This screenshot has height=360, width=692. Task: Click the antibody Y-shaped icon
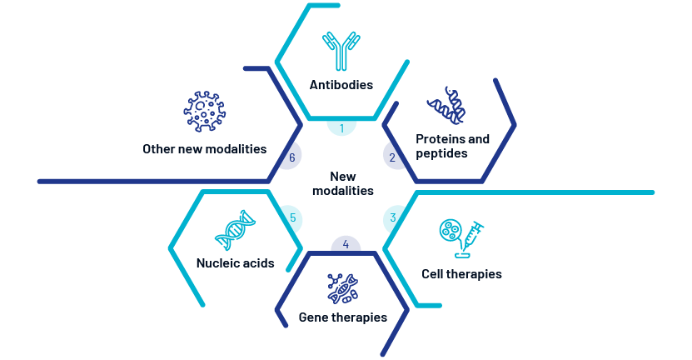(x=341, y=51)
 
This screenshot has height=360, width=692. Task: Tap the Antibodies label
(x=341, y=84)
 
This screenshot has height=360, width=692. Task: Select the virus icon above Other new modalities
(x=204, y=112)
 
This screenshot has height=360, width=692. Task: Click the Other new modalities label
(x=204, y=149)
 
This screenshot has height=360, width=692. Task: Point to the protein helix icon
(x=446, y=105)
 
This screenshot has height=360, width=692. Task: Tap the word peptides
(x=441, y=153)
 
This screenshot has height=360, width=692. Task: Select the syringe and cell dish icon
(x=461, y=238)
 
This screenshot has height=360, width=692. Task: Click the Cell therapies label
(x=461, y=274)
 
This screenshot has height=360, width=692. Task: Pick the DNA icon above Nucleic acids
(x=235, y=230)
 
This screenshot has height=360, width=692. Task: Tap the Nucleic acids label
(x=235, y=262)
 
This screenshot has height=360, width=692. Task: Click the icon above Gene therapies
(x=343, y=288)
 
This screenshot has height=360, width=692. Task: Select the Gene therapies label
(x=343, y=317)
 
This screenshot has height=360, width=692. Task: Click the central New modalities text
(x=343, y=183)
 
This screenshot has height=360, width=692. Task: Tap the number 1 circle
(x=341, y=127)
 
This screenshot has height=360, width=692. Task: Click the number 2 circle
(x=393, y=157)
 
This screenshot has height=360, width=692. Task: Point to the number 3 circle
(x=392, y=218)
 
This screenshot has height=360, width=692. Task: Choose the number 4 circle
(x=346, y=244)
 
